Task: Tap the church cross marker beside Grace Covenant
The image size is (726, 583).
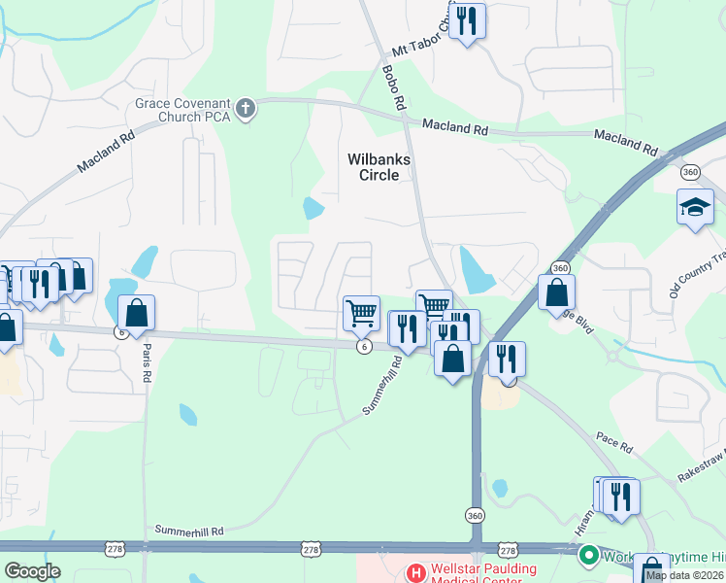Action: point(246,107)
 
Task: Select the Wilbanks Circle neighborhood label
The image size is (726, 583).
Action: point(373,166)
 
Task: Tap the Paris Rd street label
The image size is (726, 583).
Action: point(148,359)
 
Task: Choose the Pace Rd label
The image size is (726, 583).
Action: point(614,446)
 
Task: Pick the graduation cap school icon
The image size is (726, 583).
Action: point(695,207)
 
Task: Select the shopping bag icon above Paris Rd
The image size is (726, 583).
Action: point(136,313)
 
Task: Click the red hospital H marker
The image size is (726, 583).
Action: point(415,573)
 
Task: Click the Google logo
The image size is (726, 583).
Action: point(32,570)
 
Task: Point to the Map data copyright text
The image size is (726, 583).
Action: point(685,575)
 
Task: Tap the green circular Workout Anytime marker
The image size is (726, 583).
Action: point(587,555)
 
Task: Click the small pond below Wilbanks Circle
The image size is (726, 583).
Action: point(313,208)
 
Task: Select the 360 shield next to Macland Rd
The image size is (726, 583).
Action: point(690,172)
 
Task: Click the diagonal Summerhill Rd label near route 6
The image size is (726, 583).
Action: point(382,386)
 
